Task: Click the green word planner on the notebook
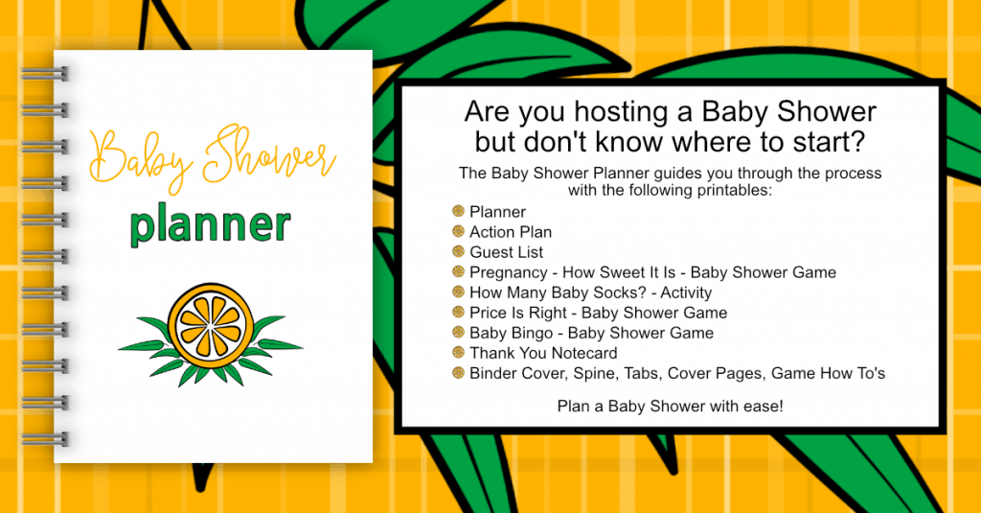(x=210, y=225)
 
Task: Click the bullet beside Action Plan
(x=459, y=232)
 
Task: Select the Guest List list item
(x=506, y=252)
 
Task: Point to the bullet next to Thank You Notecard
(x=459, y=353)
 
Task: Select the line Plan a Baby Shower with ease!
(x=670, y=407)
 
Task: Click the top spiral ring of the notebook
(x=44, y=74)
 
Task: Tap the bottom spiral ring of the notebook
(x=44, y=438)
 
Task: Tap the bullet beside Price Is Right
(x=459, y=312)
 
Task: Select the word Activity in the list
(x=686, y=293)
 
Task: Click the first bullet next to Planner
(x=459, y=211)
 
